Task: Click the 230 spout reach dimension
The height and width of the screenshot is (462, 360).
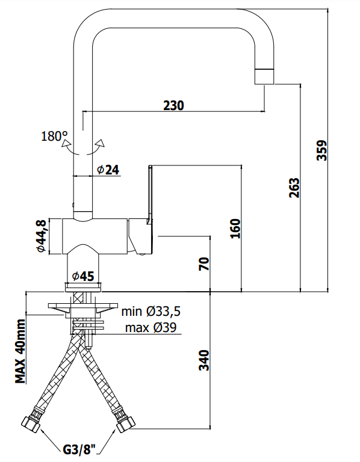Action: tap(173, 105)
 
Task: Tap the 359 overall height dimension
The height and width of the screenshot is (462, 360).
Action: tap(321, 150)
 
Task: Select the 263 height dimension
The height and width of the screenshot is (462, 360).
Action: tap(294, 188)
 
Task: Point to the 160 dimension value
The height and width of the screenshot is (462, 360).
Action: tap(235, 229)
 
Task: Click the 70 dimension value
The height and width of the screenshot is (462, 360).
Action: tap(203, 263)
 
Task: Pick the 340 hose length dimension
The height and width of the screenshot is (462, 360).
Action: tap(204, 360)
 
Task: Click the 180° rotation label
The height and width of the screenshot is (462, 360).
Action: tap(54, 136)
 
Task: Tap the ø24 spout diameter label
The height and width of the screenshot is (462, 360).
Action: tap(108, 170)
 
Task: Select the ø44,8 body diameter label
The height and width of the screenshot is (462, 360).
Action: tap(42, 236)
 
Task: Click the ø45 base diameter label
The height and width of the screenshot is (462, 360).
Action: tap(83, 276)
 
